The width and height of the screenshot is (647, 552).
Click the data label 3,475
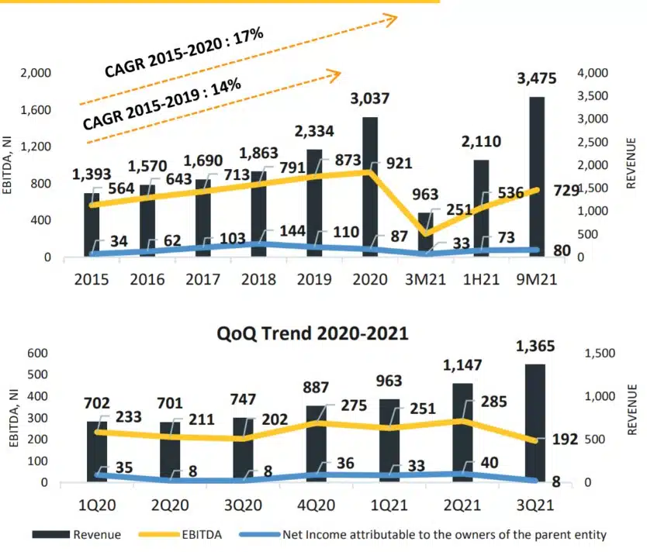tap(536, 78)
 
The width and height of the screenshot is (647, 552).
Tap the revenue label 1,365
tap(536, 347)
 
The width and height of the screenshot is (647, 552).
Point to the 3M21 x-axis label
tap(424, 278)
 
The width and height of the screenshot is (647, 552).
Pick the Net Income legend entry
tap(434, 535)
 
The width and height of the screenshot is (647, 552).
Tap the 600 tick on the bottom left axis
tap(39, 354)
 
